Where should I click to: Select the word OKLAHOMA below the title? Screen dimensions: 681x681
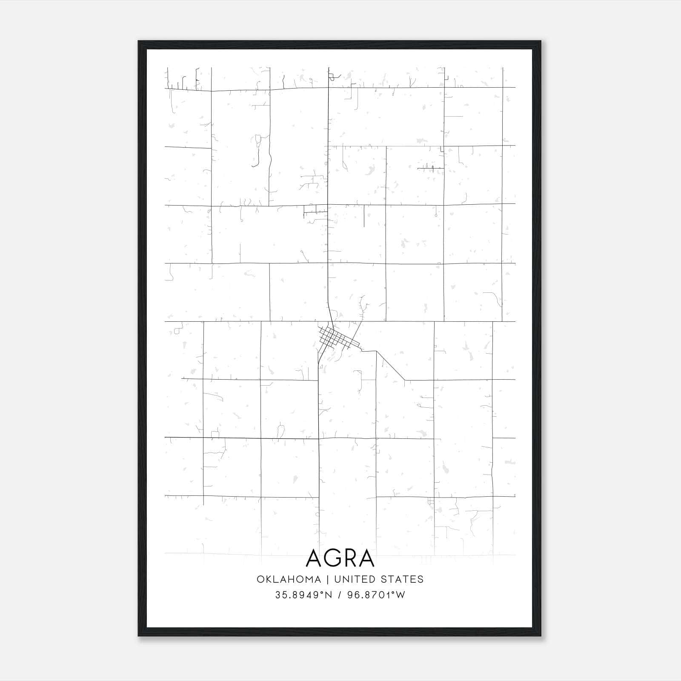click(x=289, y=579)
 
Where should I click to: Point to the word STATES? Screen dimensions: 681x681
click(x=403, y=579)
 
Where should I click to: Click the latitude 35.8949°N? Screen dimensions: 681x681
click(x=303, y=595)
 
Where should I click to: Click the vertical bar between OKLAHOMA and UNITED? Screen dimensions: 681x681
click(x=328, y=579)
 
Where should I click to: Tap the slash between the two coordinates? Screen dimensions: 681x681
click(x=339, y=595)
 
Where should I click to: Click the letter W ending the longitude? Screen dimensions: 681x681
click(x=401, y=595)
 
